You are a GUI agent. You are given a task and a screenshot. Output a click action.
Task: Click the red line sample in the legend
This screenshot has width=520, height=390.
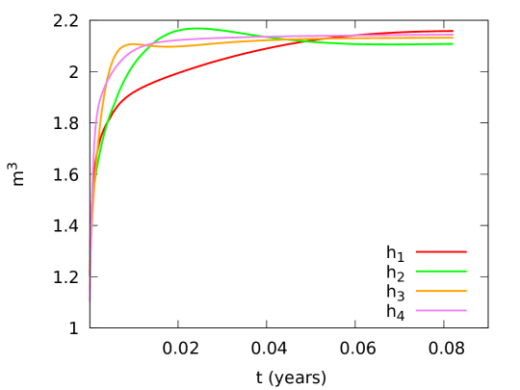click(x=441, y=251)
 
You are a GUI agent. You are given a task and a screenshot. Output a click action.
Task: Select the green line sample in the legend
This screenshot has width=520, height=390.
click(x=441, y=272)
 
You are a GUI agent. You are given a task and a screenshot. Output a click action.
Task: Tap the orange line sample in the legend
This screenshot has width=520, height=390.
click(x=441, y=291)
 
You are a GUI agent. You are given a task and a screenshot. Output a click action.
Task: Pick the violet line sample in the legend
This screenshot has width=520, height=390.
click(x=441, y=311)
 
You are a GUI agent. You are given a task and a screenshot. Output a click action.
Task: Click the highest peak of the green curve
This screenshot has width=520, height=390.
click(x=196, y=28)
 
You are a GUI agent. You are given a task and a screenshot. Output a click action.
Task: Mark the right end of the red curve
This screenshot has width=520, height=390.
click(x=453, y=31)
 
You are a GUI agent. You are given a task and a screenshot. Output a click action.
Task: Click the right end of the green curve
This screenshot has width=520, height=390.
click(x=453, y=43)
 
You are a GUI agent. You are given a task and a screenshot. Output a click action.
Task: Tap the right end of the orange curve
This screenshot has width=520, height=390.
click(x=453, y=39)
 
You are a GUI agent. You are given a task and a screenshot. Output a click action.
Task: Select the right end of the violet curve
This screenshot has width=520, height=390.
click(x=453, y=35)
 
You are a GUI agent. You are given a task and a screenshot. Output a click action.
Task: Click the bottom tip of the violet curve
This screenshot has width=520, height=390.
click(x=91, y=300)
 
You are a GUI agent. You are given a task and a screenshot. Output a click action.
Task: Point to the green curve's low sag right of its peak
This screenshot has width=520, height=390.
click(x=404, y=44)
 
